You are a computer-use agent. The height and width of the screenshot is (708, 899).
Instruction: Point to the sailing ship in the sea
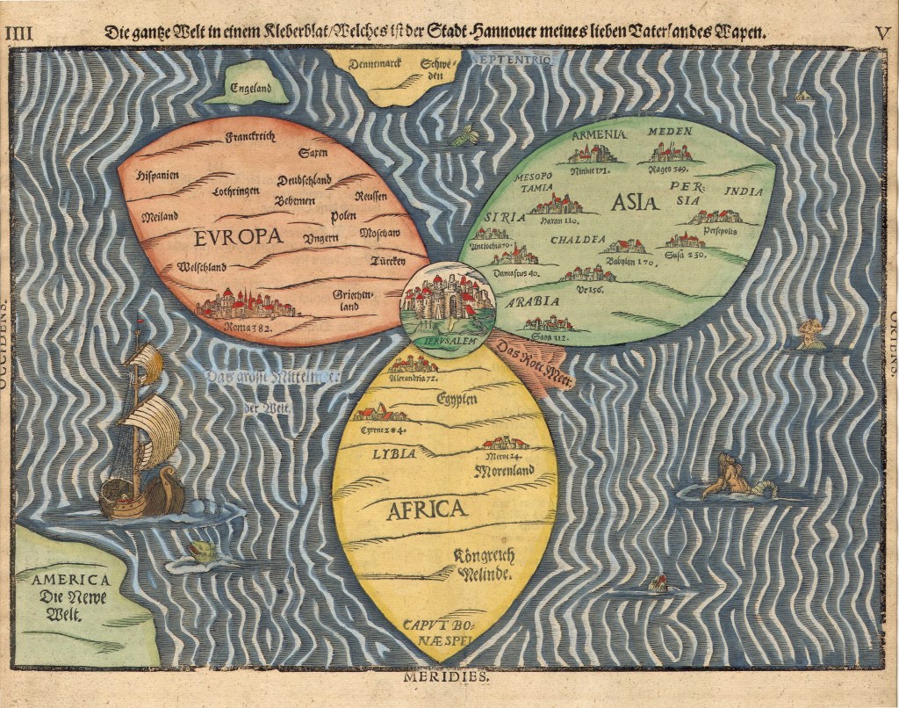[140, 435]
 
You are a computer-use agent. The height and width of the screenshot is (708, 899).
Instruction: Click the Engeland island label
[251, 87]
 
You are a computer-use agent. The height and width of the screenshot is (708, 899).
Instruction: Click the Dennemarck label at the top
[373, 63]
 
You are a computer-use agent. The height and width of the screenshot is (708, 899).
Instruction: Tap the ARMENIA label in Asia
[597, 134]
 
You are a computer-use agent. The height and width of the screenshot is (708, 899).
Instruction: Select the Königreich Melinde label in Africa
[484, 563]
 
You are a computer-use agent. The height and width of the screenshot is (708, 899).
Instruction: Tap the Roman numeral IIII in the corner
[18, 33]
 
